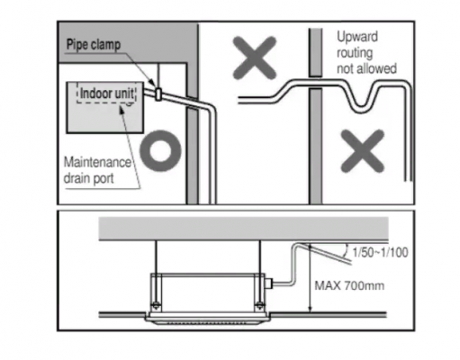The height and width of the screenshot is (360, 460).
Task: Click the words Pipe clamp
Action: click(94, 45)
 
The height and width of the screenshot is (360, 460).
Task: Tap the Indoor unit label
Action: click(107, 94)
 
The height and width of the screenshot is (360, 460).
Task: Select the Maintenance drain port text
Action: click(97, 170)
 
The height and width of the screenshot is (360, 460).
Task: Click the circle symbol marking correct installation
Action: click(160, 150)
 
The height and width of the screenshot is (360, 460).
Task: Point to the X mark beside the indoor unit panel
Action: click(255, 58)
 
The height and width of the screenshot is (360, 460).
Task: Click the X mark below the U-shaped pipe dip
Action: click(363, 151)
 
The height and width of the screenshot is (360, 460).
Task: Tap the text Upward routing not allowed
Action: click(366, 53)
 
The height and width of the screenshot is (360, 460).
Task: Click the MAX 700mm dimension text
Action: click(349, 285)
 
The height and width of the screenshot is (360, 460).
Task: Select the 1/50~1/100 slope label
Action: click(380, 253)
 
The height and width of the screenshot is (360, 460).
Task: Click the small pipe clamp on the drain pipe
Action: click(158, 94)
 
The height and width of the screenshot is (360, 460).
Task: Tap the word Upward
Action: click(357, 37)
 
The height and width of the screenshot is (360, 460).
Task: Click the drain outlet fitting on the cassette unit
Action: click(268, 283)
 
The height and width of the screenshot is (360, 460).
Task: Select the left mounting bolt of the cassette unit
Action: click(156, 306)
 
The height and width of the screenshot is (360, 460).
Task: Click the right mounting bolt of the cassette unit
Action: click(259, 306)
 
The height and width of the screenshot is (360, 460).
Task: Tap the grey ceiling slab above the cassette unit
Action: click(243, 229)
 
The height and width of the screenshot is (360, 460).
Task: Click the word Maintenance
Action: click(97, 162)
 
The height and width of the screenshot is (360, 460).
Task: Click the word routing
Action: click(355, 53)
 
